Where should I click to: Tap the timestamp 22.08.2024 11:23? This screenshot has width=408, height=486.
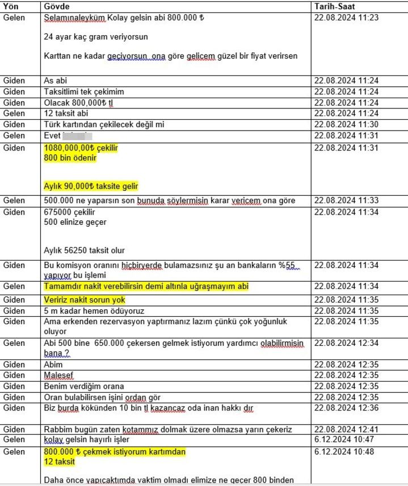point(346,18)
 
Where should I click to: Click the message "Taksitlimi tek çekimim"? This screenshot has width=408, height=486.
point(83,92)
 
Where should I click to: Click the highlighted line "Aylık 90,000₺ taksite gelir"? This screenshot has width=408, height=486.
point(91,186)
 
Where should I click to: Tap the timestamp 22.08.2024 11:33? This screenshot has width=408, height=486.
point(346,200)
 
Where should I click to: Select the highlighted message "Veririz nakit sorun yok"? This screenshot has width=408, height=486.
point(84,300)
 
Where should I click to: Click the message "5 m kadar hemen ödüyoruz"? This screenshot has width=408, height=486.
point(94,311)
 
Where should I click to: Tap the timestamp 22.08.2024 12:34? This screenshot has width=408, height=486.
point(346,343)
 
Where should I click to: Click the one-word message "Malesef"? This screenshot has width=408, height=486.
point(59,375)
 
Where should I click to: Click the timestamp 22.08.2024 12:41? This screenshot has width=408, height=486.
point(346,429)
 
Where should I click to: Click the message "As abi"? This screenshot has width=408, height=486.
point(55,81)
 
